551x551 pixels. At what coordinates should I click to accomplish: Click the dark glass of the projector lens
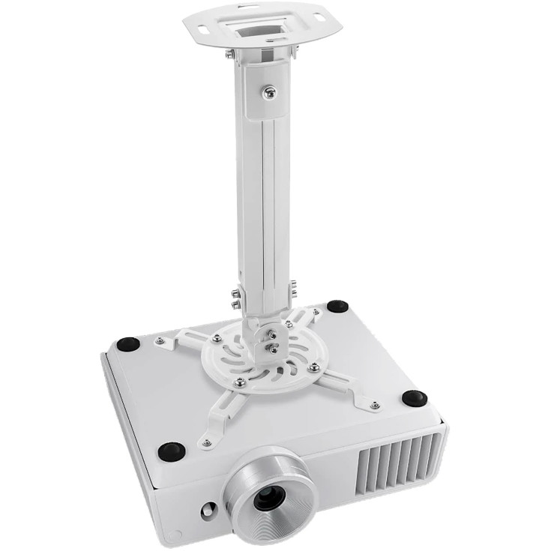pyautogui.click(x=268, y=497)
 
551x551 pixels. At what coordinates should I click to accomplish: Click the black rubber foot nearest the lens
pyautogui.click(x=172, y=451)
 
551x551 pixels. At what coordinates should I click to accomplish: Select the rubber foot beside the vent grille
pyautogui.click(x=414, y=398)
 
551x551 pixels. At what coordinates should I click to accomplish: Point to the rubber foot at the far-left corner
pyautogui.click(x=128, y=344)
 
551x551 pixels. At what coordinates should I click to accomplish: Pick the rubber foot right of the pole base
pyautogui.click(x=337, y=306)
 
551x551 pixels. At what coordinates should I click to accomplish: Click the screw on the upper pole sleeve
pyautogui.click(x=269, y=92)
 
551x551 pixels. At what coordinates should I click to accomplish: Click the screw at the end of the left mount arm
pyautogui.click(x=159, y=341)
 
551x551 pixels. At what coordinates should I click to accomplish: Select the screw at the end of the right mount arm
pyautogui.click(x=374, y=406)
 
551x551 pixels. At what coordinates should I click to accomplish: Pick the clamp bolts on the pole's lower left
pyautogui.click(x=235, y=299)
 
